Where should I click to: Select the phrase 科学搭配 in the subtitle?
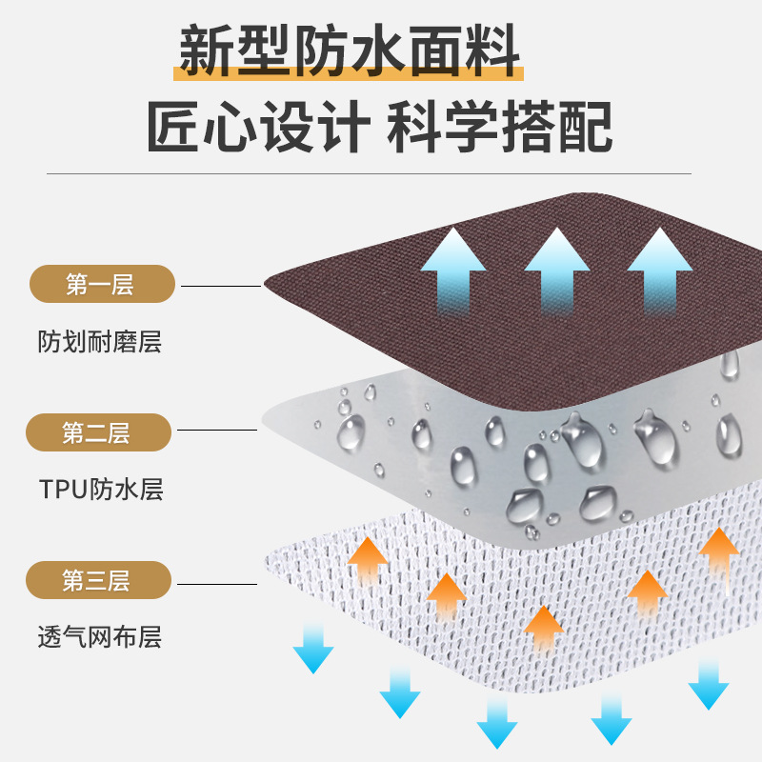point(499,128)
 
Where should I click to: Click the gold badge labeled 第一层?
point(102,285)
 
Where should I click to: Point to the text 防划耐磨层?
point(100,342)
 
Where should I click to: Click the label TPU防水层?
point(101,490)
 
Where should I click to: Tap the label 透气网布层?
point(100,637)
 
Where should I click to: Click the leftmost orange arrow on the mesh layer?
point(368,562)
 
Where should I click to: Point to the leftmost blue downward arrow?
point(313,648)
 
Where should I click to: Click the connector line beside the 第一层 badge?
point(220,286)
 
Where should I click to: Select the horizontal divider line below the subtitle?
point(370,174)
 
